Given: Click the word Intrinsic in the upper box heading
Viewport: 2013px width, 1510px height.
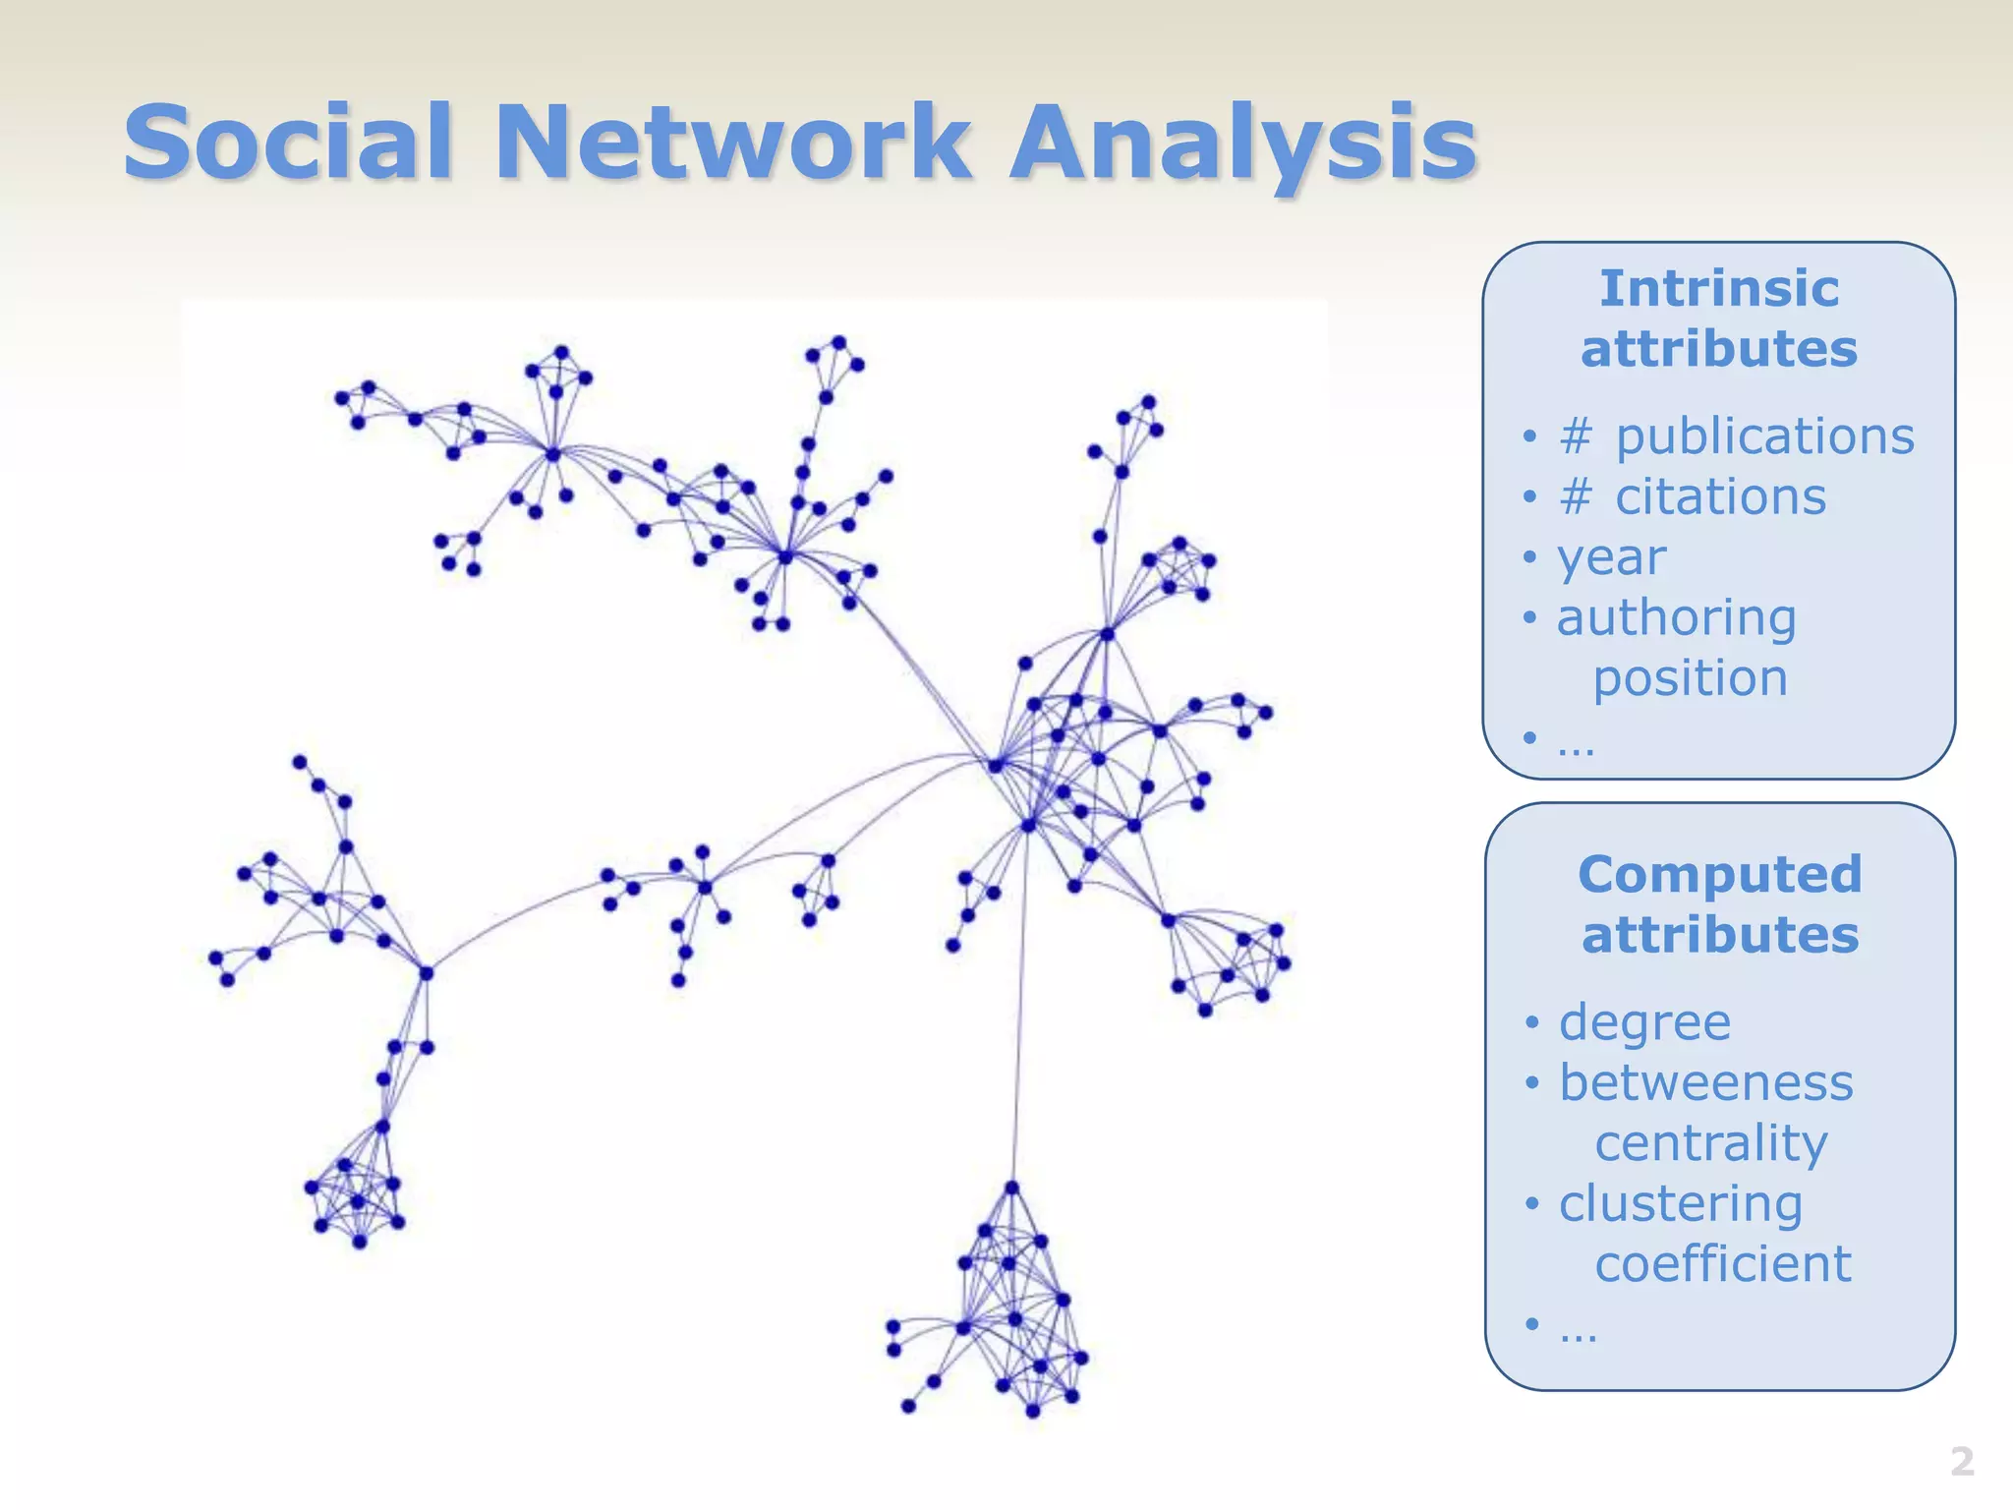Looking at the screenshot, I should click(1719, 289).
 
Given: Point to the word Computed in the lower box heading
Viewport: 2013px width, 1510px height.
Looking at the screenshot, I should click(1720, 874).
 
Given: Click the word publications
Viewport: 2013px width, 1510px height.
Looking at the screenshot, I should click(1765, 436).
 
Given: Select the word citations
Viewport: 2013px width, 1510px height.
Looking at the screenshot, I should click(1721, 496).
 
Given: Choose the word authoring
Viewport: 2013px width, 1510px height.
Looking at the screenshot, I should click(1677, 619).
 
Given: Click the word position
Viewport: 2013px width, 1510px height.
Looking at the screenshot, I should click(1691, 679).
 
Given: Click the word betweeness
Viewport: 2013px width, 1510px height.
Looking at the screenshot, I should click(1706, 1083).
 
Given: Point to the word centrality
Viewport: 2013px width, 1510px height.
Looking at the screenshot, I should click(1711, 1144).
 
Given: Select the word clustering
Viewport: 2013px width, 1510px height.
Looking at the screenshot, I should click(1681, 1205).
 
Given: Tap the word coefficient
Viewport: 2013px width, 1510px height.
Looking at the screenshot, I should click(1723, 1264).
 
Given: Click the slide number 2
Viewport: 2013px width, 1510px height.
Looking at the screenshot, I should click(1962, 1462).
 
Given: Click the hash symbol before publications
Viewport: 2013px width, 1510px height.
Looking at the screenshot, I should click(1576, 436).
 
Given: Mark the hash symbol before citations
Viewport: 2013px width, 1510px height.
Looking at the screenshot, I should click(1576, 496).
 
